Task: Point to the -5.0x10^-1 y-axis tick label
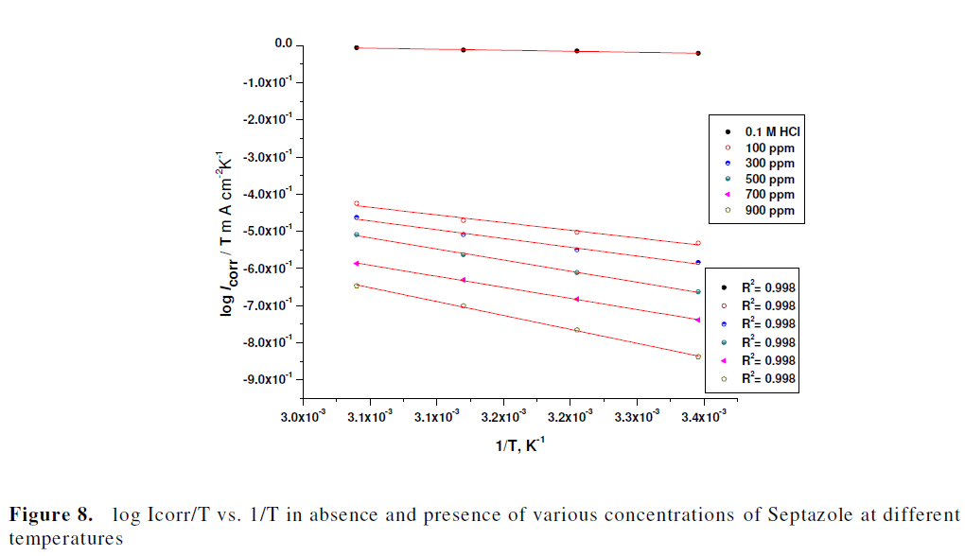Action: [x=268, y=231]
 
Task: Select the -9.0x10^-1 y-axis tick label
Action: [x=268, y=379]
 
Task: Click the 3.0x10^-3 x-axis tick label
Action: [x=302, y=415]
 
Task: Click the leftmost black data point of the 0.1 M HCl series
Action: [x=357, y=47]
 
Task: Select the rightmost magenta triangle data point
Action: [x=697, y=320]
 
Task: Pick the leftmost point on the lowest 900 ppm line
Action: [x=357, y=285]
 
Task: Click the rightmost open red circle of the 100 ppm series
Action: [x=697, y=243]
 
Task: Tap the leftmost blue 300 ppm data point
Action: [x=357, y=217]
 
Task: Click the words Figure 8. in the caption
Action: [x=51, y=516]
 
